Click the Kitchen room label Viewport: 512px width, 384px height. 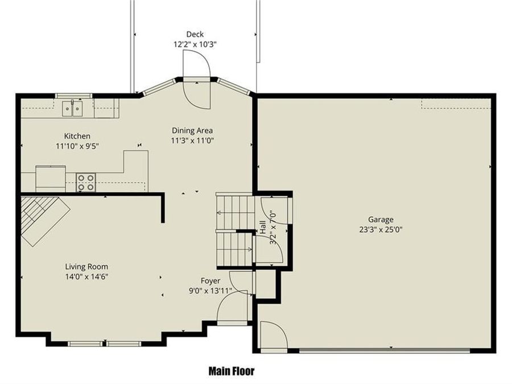coord(77,136)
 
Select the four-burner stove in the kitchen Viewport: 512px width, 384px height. coord(86,182)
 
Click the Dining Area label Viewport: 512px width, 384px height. coord(192,130)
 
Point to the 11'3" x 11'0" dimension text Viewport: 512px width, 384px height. coord(192,141)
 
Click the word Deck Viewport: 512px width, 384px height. coord(195,34)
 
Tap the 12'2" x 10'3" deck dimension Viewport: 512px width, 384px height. coord(195,44)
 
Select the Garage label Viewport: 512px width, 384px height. coord(380,220)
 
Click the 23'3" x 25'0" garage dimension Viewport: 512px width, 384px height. coord(380,229)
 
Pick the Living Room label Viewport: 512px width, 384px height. coord(86,266)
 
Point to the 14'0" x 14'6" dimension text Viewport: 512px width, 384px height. coord(86,276)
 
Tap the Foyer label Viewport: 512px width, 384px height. coord(210,280)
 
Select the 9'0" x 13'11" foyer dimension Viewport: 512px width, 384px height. coord(210,291)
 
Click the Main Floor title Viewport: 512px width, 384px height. coord(231,371)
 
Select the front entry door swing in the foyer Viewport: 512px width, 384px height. coord(233,307)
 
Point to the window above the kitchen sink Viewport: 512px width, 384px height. coord(73,96)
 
